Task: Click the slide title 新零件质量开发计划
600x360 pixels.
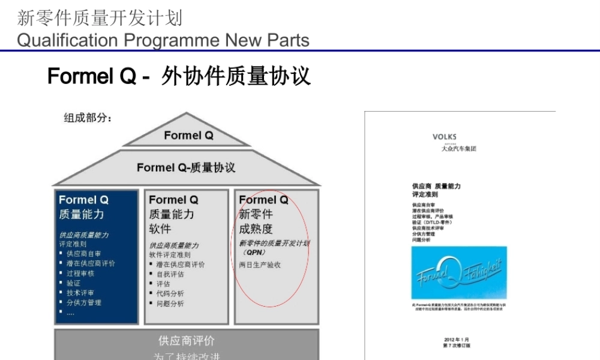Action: coord(100,18)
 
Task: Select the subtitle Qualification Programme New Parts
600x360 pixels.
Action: coord(163,40)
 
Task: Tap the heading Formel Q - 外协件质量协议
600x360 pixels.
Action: coord(179,77)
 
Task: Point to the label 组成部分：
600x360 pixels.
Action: coord(88,118)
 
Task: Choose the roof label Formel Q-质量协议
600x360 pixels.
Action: coord(186,167)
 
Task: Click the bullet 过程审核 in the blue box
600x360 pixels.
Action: coord(80,273)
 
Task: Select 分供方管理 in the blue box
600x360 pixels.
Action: coord(84,302)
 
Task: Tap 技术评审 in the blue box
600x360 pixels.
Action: coord(80,293)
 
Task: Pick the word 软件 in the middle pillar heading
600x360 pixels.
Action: coord(160,229)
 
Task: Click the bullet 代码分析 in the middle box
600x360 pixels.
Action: coord(170,293)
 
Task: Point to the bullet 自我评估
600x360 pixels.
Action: coord(170,274)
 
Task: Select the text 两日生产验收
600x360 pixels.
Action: coord(260,265)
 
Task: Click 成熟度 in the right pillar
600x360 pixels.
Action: coord(256,229)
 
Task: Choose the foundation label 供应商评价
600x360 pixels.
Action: coord(186,341)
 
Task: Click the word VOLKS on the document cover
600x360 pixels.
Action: coord(444,137)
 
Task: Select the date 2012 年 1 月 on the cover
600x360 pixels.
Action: coord(457,340)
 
